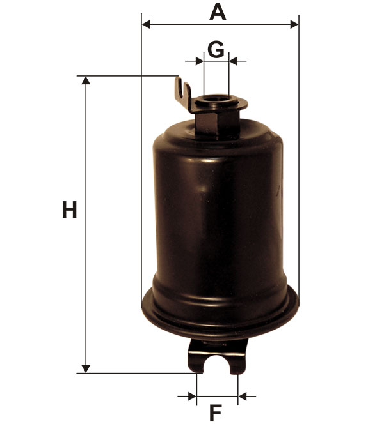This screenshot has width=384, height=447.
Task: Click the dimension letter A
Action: point(218,11)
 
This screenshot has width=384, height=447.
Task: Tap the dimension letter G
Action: point(216,49)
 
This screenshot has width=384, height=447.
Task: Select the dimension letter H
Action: point(69,210)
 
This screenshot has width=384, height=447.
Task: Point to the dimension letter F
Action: point(216,413)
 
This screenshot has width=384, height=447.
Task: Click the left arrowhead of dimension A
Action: point(146,24)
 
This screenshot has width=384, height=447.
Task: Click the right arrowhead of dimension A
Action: point(294,24)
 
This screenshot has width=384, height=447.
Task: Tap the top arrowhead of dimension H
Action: point(86,80)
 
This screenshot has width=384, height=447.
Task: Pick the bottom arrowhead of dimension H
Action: point(86,368)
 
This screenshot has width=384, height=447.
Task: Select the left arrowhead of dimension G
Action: point(200,61)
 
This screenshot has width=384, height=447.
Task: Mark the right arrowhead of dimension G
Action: point(233,61)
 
